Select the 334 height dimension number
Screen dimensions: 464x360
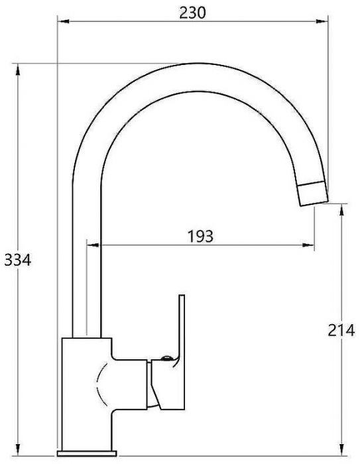[17, 260]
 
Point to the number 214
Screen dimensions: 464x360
[342, 329]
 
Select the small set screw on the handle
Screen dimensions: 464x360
[166, 359]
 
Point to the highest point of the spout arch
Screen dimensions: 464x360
[192, 65]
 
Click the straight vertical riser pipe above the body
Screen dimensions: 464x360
[86, 265]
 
